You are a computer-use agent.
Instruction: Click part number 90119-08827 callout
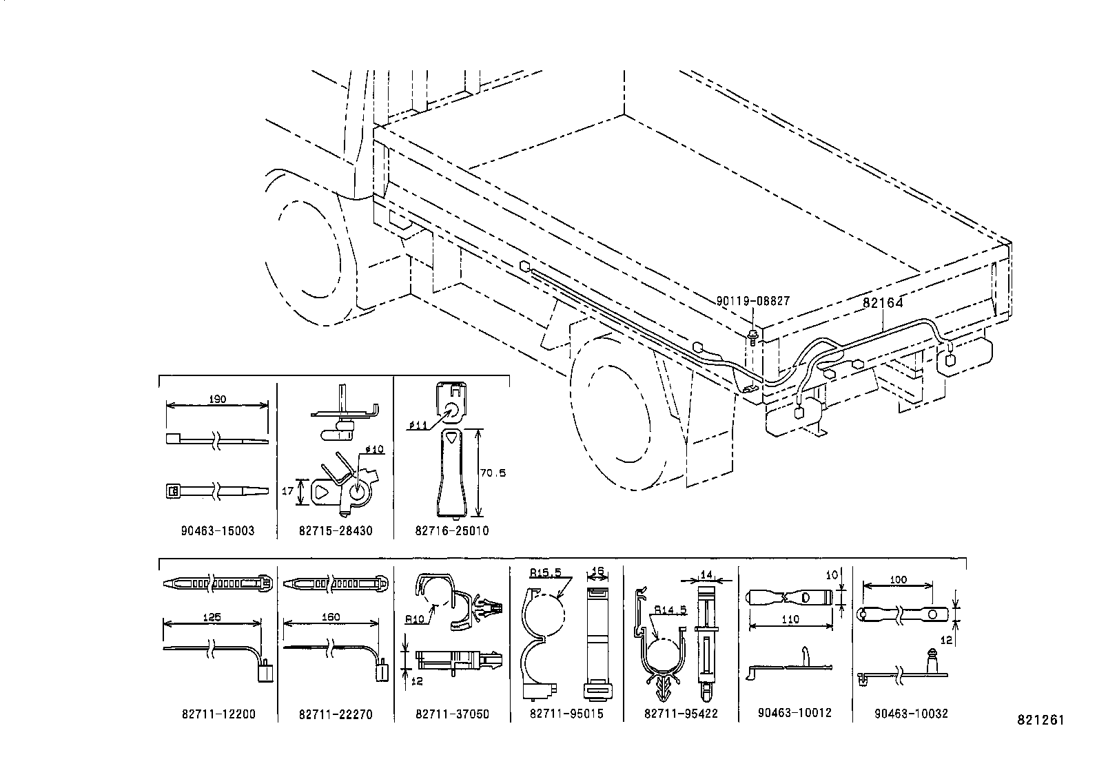click(752, 301)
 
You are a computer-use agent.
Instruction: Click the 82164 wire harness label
click(883, 302)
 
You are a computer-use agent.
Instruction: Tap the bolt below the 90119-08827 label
click(754, 335)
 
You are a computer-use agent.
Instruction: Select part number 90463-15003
click(217, 530)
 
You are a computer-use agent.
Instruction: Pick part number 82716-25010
click(452, 530)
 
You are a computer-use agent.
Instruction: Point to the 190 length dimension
click(216, 399)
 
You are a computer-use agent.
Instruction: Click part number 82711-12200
click(218, 714)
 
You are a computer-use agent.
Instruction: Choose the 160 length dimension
click(331, 617)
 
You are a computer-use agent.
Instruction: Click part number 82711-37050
click(452, 714)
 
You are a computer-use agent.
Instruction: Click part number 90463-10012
click(795, 713)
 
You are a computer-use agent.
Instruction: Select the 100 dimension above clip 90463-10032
click(898, 580)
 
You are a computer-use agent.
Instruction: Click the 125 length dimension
click(212, 617)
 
